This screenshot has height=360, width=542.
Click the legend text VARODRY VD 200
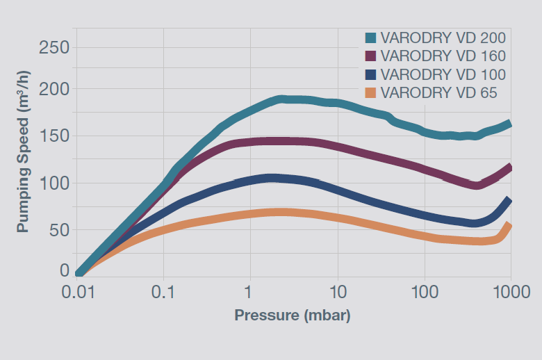443,38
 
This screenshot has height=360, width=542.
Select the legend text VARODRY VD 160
443,56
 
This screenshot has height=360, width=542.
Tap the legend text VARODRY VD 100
443,74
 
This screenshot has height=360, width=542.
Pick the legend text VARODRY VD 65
438,92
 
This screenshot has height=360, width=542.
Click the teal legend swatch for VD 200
371,38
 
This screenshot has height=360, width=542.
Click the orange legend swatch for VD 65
371,92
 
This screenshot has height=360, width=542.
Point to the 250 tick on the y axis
54,48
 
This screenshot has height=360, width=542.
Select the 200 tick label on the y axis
54,90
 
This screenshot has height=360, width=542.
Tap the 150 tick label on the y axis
54,136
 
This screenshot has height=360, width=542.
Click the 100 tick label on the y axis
54,183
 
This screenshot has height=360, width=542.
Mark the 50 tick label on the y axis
58,229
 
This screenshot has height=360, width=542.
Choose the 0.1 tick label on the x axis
164,292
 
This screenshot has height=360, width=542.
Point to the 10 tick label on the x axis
337,292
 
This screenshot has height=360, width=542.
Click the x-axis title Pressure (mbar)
293,316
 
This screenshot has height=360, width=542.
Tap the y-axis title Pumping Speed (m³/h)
24,159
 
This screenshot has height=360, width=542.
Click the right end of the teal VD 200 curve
509,124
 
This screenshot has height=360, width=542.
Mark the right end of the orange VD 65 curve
509,226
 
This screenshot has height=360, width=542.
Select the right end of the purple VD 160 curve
509,167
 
